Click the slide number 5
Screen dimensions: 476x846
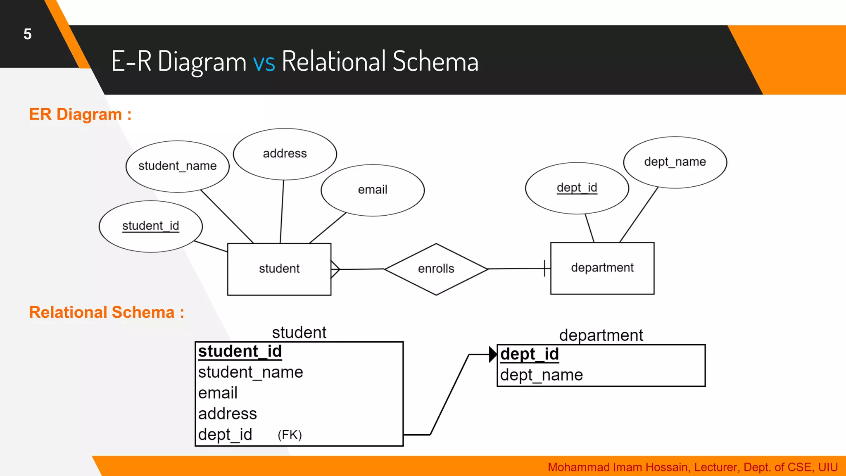click(x=27, y=34)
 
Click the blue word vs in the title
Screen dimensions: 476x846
click(x=264, y=62)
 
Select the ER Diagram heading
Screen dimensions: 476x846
click(x=80, y=114)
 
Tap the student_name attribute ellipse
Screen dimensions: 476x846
click(x=178, y=166)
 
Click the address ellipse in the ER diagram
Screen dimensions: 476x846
click(x=285, y=154)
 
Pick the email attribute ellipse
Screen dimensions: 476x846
click(x=372, y=190)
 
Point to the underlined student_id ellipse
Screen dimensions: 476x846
click(x=151, y=226)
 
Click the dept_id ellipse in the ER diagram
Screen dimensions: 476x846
click(x=577, y=188)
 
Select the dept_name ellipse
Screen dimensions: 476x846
click(x=675, y=162)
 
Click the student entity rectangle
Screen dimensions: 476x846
click(x=279, y=269)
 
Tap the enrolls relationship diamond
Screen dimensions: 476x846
click(x=436, y=269)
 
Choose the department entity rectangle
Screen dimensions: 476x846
click(x=602, y=268)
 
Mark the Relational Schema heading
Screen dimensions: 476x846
click(x=107, y=312)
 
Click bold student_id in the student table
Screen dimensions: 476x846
click(x=240, y=352)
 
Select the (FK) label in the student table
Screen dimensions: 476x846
click(x=290, y=435)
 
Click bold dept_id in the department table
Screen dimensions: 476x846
click(x=529, y=355)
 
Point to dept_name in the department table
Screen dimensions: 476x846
click(x=541, y=375)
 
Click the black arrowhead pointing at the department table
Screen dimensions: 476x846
click(x=493, y=354)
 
